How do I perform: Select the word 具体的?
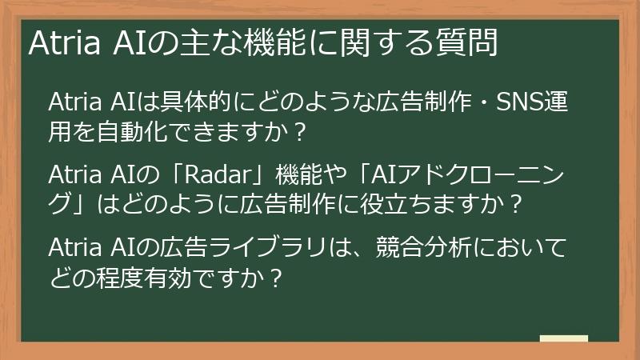click(197, 103)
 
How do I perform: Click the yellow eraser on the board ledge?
click(563, 339)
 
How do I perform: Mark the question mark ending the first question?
click(299, 131)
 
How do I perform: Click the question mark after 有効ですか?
click(275, 277)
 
